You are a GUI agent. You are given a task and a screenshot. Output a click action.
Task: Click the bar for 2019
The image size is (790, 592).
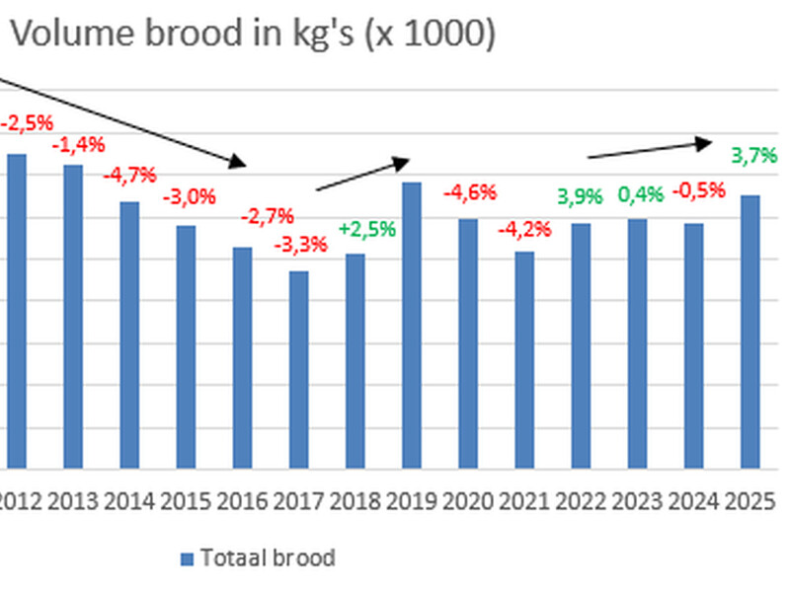pos(412,326)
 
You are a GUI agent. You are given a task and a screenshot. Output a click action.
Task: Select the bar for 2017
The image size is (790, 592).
pos(298,370)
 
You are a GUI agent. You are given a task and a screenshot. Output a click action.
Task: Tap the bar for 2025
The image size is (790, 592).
pos(750,332)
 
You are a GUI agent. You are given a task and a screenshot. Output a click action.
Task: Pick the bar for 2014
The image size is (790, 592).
pos(129,335)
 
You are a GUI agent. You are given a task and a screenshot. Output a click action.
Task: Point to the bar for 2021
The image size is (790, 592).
pos(524,360)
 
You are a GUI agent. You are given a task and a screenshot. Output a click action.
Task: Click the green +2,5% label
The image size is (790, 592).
pos(366,229)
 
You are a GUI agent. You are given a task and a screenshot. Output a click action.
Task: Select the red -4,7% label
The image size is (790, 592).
pos(129,176)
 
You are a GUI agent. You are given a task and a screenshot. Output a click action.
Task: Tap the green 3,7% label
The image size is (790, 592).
pos(753,155)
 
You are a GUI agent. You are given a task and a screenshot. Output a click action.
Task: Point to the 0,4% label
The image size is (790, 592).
pos(639,195)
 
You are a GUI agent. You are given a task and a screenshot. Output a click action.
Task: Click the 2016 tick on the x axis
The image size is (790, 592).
pos(242,501)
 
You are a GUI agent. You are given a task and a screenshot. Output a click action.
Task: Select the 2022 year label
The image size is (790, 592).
pos(582,501)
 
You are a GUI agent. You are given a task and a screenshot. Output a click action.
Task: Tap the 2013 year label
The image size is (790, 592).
pos(73,501)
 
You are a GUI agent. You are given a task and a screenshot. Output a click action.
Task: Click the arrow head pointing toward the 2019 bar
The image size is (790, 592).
pos(400,163)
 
